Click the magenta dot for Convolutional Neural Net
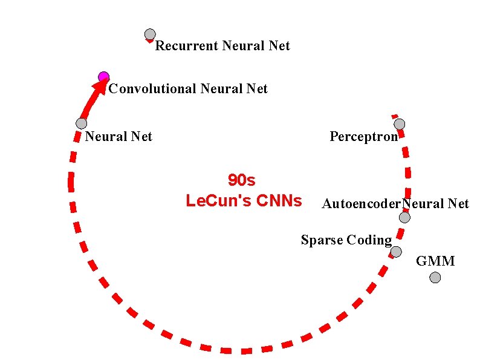click(103, 76)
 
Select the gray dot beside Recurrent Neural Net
click(150, 34)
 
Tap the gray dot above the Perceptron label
click(400, 124)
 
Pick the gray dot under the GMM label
click(435, 277)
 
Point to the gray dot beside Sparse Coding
click(396, 252)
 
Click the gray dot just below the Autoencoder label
click(404, 217)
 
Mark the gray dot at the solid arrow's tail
click(82, 123)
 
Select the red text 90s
click(242, 180)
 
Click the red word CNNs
click(279, 200)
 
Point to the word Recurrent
click(187, 46)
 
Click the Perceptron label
click(363, 136)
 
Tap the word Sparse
click(322, 240)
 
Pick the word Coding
click(369, 240)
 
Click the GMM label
click(435, 261)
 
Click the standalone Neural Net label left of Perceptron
click(118, 136)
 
